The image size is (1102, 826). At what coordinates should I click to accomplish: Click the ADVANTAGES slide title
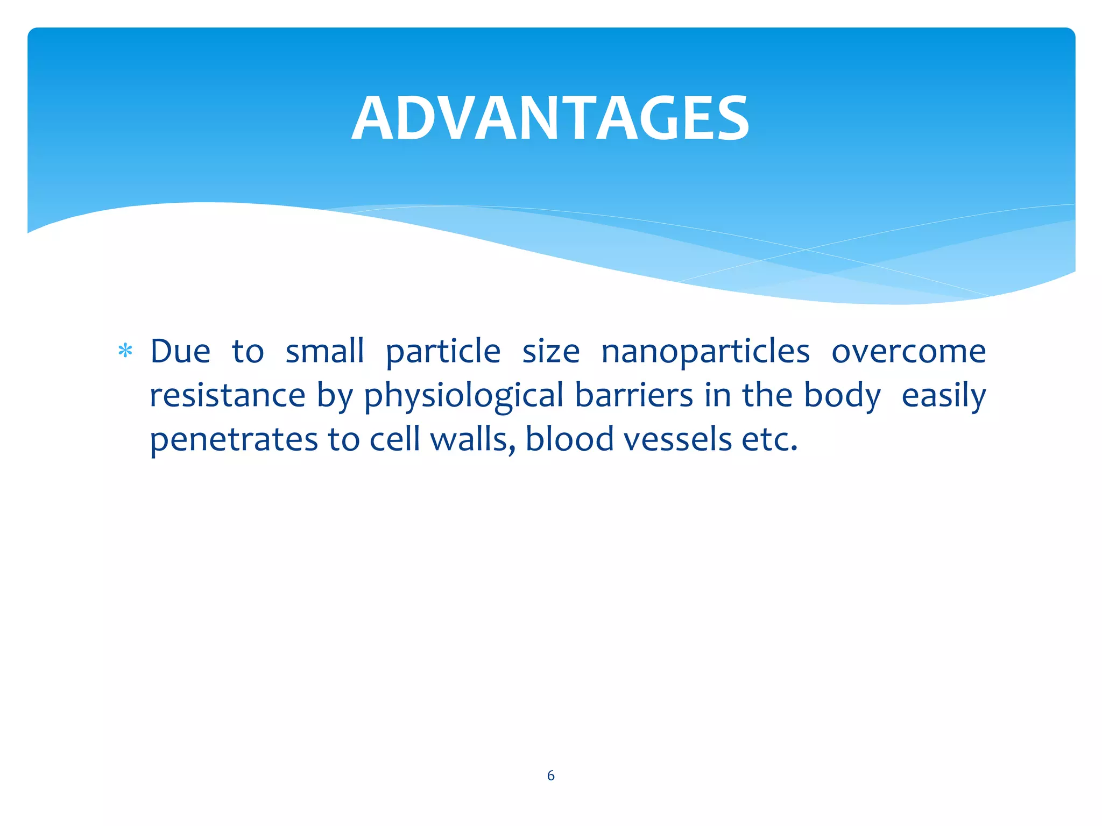(x=550, y=118)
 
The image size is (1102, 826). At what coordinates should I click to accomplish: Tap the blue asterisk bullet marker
(x=125, y=351)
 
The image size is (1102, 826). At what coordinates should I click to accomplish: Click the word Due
(x=180, y=352)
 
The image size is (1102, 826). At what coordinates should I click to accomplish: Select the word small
(x=324, y=352)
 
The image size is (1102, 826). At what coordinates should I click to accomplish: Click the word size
(x=550, y=352)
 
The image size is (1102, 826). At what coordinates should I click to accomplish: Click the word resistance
(x=228, y=396)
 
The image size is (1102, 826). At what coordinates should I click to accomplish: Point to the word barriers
(x=634, y=396)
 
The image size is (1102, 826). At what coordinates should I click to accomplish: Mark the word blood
(x=569, y=439)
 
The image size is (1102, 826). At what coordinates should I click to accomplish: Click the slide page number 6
(x=550, y=775)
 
